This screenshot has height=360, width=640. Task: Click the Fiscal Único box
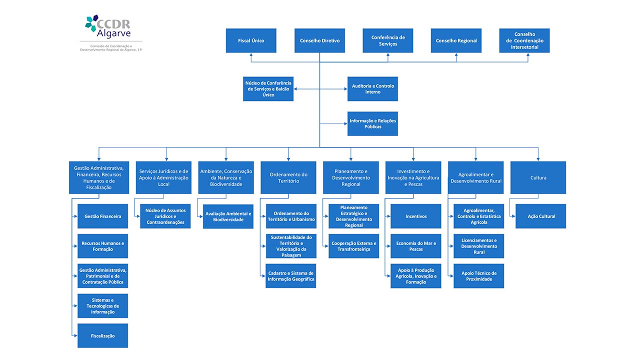pyautogui.click(x=251, y=40)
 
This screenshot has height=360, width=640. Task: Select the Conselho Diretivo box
pyautogui.click(x=319, y=40)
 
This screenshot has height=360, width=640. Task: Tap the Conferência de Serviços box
pyautogui.click(x=387, y=40)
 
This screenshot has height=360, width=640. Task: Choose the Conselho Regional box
pyautogui.click(x=456, y=40)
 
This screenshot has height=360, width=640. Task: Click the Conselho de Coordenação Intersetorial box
pyautogui.click(x=524, y=40)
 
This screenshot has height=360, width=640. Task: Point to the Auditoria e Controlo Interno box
pyautogui.click(x=372, y=89)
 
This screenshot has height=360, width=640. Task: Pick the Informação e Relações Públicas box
pyautogui.click(x=372, y=123)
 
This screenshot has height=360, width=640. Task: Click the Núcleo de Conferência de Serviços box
pyautogui.click(x=268, y=89)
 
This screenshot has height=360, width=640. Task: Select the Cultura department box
pyautogui.click(x=538, y=177)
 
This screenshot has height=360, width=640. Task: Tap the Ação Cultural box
pyautogui.click(x=540, y=216)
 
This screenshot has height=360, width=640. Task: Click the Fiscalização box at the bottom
pyautogui.click(x=102, y=335)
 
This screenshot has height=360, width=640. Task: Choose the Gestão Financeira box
pyautogui.click(x=102, y=216)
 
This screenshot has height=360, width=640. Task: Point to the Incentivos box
pyautogui.click(x=415, y=216)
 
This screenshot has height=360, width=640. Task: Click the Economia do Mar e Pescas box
pyautogui.click(x=415, y=246)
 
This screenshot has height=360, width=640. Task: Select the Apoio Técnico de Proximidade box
pyautogui.click(x=478, y=276)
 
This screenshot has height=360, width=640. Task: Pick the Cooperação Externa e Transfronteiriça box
pyautogui.click(x=353, y=246)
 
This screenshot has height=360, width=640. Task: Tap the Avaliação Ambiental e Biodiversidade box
pyautogui.click(x=228, y=216)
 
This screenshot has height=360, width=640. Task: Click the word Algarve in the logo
pyautogui.click(x=113, y=33)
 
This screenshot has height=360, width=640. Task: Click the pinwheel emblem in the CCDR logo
pyautogui.click(x=91, y=23)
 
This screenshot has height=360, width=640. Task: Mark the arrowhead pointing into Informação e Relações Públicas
pyautogui.click(x=345, y=123)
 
